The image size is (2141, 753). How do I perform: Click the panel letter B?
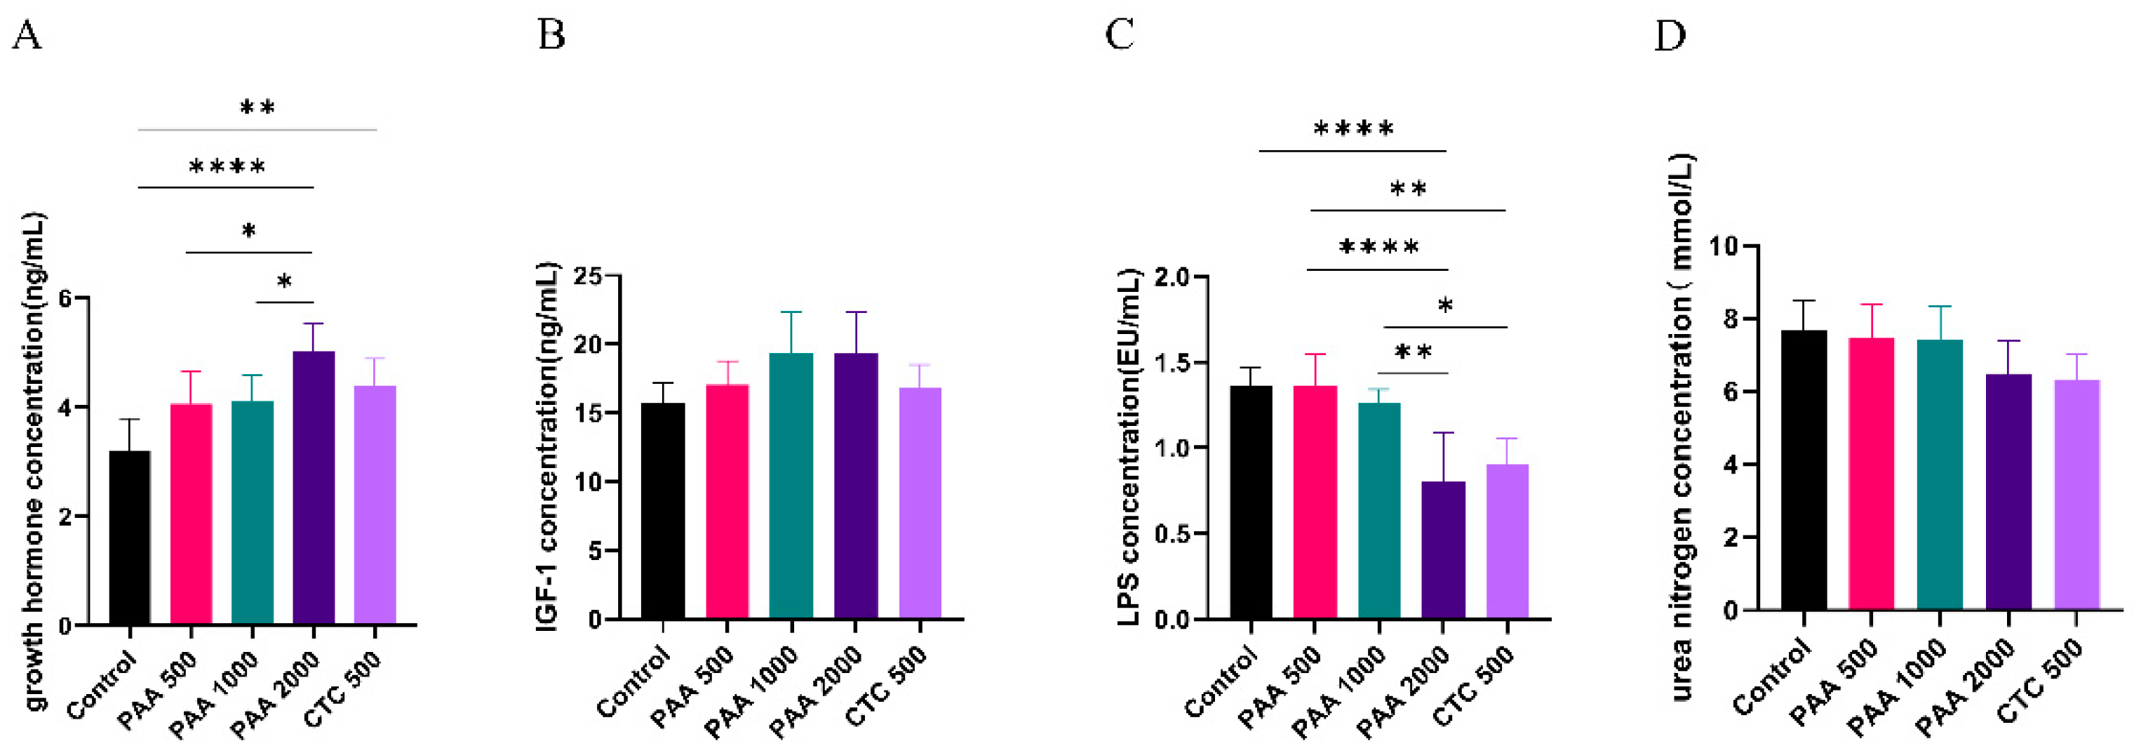552,36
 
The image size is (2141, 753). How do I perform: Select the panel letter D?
1670,36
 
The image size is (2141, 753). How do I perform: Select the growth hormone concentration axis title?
33,461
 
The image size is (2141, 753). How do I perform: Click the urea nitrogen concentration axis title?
1681,427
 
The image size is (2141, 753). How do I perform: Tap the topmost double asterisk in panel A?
257,107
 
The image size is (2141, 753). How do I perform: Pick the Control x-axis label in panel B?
634,684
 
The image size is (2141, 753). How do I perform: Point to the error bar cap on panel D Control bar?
1803,301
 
